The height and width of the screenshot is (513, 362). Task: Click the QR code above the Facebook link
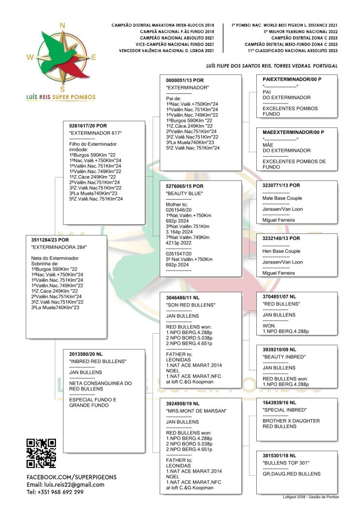42,453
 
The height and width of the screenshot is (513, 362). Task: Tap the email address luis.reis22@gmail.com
66,484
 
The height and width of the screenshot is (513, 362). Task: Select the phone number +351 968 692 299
55,492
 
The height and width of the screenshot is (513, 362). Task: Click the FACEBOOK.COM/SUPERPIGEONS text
71,477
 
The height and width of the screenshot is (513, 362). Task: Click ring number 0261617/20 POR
88,126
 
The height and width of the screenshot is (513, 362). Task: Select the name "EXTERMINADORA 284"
59,248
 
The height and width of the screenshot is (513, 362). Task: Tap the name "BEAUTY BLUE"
184,194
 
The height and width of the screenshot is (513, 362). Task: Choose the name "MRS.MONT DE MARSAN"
196,411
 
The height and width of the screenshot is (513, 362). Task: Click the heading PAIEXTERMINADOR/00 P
292,79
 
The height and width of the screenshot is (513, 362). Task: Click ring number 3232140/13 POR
281,238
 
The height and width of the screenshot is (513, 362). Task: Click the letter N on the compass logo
61,26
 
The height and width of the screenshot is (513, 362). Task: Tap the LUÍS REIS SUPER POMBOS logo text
61,97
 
